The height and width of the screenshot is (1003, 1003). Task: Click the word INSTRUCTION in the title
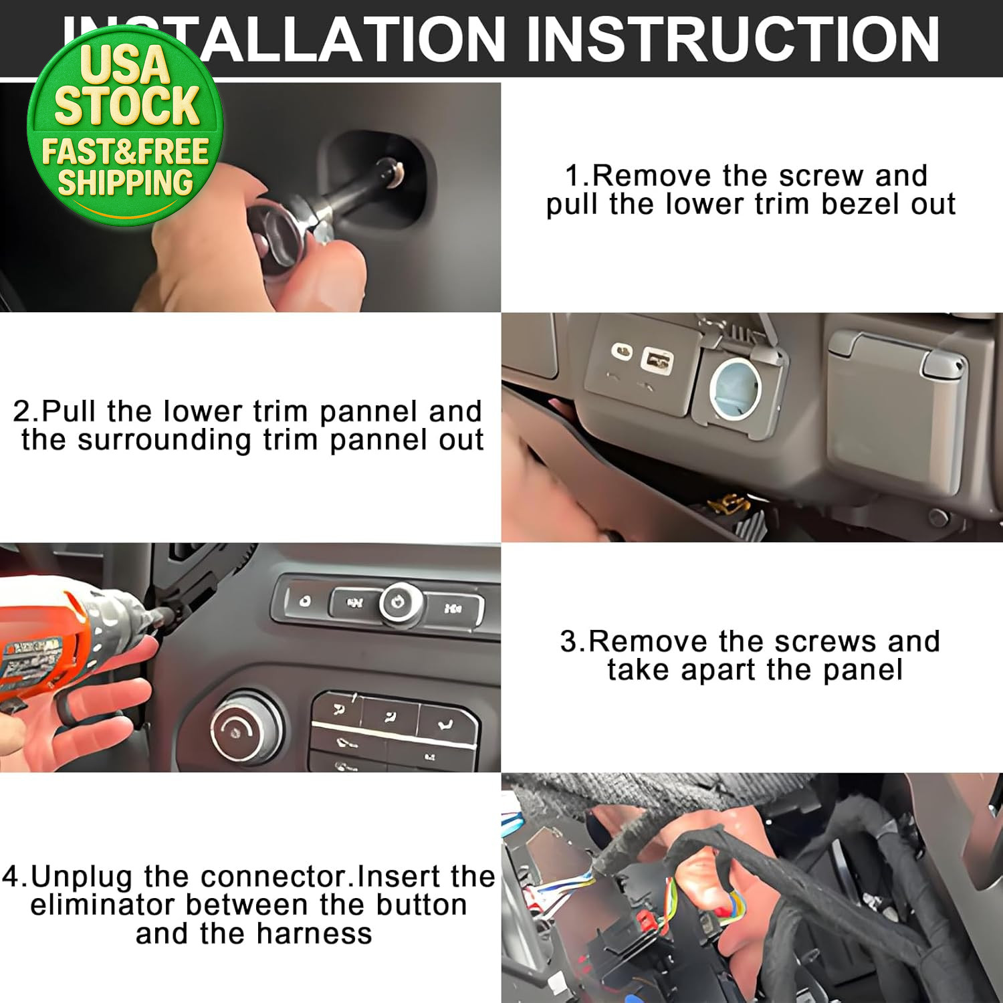point(734,39)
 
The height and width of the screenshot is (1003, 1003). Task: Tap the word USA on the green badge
point(125,64)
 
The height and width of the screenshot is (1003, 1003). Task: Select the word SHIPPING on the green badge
point(126,183)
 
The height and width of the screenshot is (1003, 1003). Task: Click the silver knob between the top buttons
point(400,604)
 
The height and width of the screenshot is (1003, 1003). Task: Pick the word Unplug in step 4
point(81,877)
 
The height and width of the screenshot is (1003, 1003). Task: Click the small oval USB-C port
point(623,351)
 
